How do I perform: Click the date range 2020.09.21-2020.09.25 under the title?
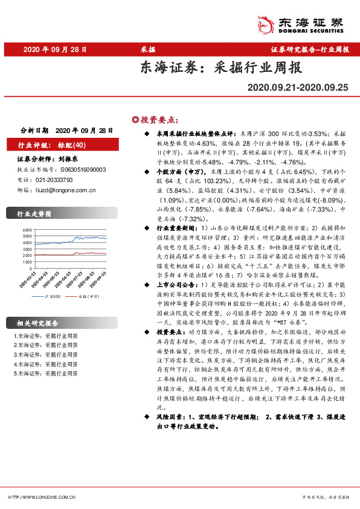coord(298,88)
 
